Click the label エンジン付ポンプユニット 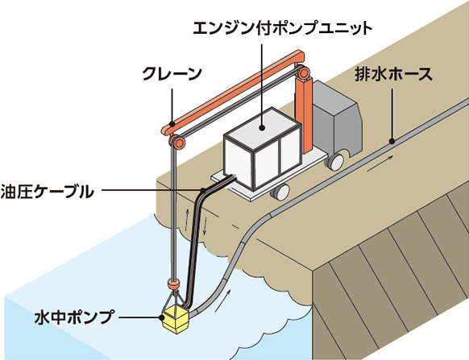point(282,28)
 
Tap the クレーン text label point(172,73)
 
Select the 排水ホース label point(393,74)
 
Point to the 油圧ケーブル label point(47,191)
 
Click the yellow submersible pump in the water point(175,320)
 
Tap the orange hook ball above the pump point(173,283)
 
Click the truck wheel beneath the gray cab point(335,162)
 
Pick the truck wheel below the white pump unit point(280,191)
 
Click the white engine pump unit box point(263,148)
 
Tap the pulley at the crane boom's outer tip point(177,142)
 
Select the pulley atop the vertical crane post point(304,72)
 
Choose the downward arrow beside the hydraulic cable point(205,228)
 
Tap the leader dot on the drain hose point(392,141)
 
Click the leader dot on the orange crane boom point(172,123)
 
